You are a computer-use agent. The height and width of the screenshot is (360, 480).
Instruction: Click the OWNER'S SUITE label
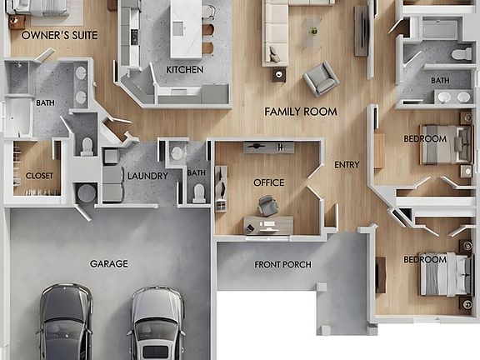coord(59,36)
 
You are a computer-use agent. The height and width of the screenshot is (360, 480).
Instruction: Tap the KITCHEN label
coord(184,69)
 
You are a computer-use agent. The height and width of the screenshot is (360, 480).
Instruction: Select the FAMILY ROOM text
coord(301,111)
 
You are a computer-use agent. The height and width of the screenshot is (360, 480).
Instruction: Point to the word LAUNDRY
coord(147,176)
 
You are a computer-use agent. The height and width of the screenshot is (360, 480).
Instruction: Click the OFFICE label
coord(268,182)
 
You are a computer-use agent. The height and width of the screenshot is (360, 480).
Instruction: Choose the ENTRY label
coord(347,165)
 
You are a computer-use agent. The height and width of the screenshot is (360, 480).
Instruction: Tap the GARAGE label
coord(109,263)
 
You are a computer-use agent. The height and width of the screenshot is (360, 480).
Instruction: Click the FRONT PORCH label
coord(283,265)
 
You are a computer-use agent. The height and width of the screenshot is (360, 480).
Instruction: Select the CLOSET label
coord(39,176)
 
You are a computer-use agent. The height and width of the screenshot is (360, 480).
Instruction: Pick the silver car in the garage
coord(156,322)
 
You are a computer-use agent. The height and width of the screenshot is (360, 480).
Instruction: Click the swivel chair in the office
coord(268,205)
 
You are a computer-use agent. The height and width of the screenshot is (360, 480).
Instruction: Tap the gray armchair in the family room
coord(321,78)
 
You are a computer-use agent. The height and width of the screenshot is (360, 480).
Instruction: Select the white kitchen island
coord(186,27)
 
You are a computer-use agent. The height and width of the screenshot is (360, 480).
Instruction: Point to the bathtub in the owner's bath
coord(17,117)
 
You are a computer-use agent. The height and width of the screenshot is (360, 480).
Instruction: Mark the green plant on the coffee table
coord(313,32)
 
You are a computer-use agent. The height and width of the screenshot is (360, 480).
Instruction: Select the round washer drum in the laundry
coord(86,193)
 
